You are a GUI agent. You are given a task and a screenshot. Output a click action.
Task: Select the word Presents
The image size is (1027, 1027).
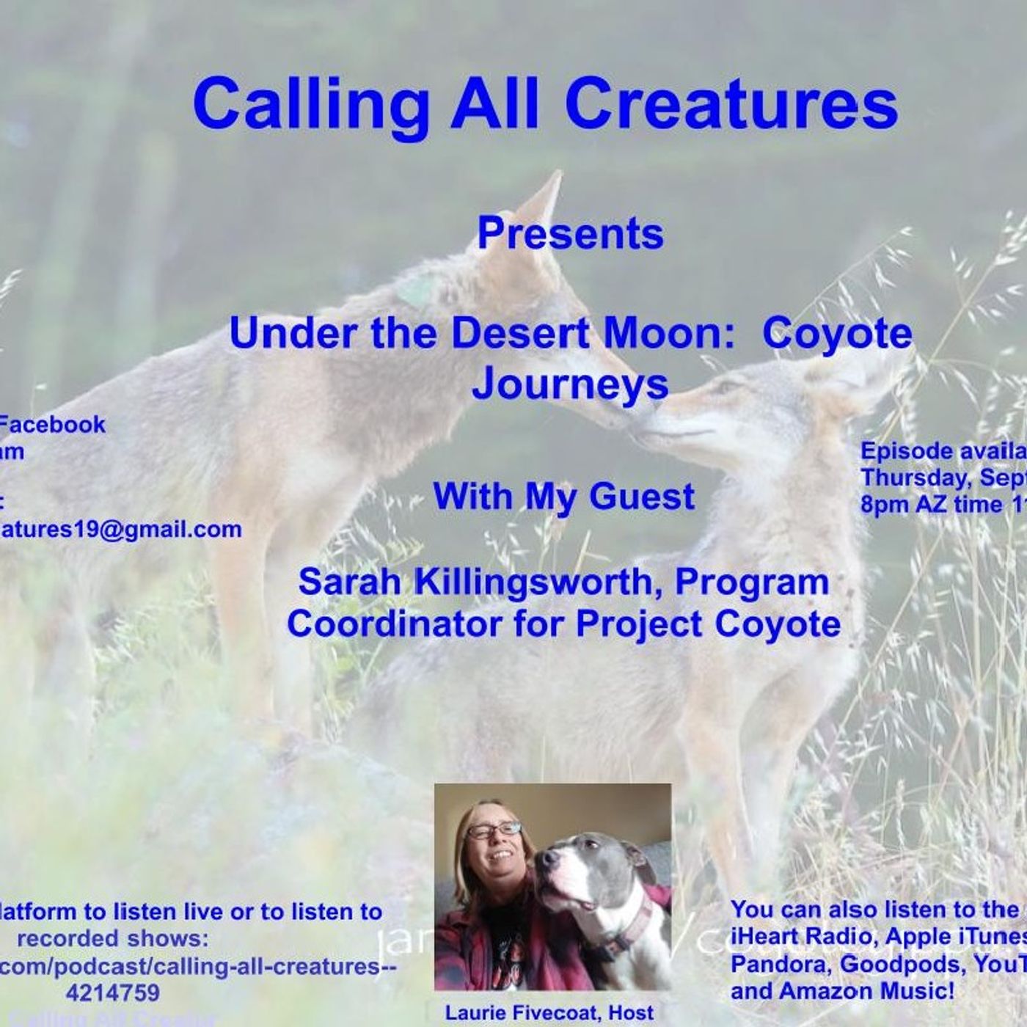pyautogui.click(x=570, y=234)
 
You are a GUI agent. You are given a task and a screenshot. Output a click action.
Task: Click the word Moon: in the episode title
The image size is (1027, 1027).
pyautogui.click(x=672, y=333)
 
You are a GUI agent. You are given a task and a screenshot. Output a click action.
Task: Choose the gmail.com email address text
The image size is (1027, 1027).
pyautogui.click(x=121, y=529)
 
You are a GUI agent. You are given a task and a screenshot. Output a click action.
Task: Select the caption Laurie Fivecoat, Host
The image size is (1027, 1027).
pyautogui.click(x=549, y=1013)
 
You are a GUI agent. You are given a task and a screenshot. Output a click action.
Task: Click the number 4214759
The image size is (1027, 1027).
pyautogui.click(x=112, y=993)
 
